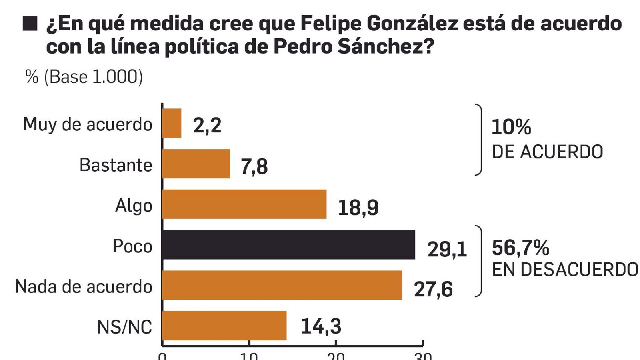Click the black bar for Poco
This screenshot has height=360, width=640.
288,245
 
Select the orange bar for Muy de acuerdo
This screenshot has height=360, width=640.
172,123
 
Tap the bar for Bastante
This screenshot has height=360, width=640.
196,164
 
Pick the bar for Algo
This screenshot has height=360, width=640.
244,204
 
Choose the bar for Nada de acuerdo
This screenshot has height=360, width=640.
282,285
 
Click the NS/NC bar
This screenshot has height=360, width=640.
224,326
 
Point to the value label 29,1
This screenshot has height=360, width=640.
447,249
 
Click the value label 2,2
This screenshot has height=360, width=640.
207,126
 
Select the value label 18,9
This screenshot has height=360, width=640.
358,208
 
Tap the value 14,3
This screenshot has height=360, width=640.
321,326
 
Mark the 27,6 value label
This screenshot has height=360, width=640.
433,289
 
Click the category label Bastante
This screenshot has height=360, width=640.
116,165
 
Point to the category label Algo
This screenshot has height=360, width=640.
134,206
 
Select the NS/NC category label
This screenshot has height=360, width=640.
124,327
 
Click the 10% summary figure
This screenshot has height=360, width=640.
511,127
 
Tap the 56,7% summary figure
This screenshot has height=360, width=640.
520,248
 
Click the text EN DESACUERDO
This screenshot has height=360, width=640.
565,270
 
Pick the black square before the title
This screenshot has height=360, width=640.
30,24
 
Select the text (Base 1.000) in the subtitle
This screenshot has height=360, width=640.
93,77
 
